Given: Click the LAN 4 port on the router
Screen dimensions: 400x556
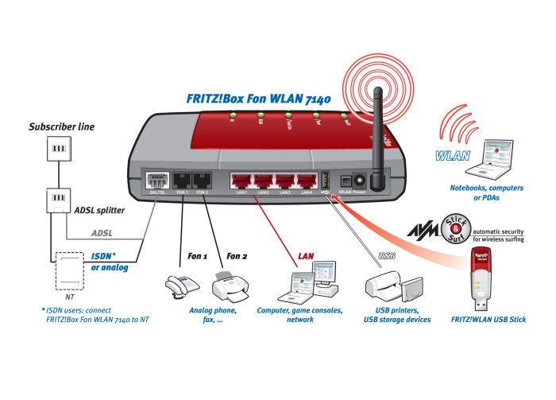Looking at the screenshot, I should click(307, 181).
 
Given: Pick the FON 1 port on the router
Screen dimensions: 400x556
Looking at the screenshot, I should click(182, 181).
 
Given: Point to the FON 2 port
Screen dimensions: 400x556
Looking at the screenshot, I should click(202, 181).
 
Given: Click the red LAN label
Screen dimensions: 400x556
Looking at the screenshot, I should click(307, 256).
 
